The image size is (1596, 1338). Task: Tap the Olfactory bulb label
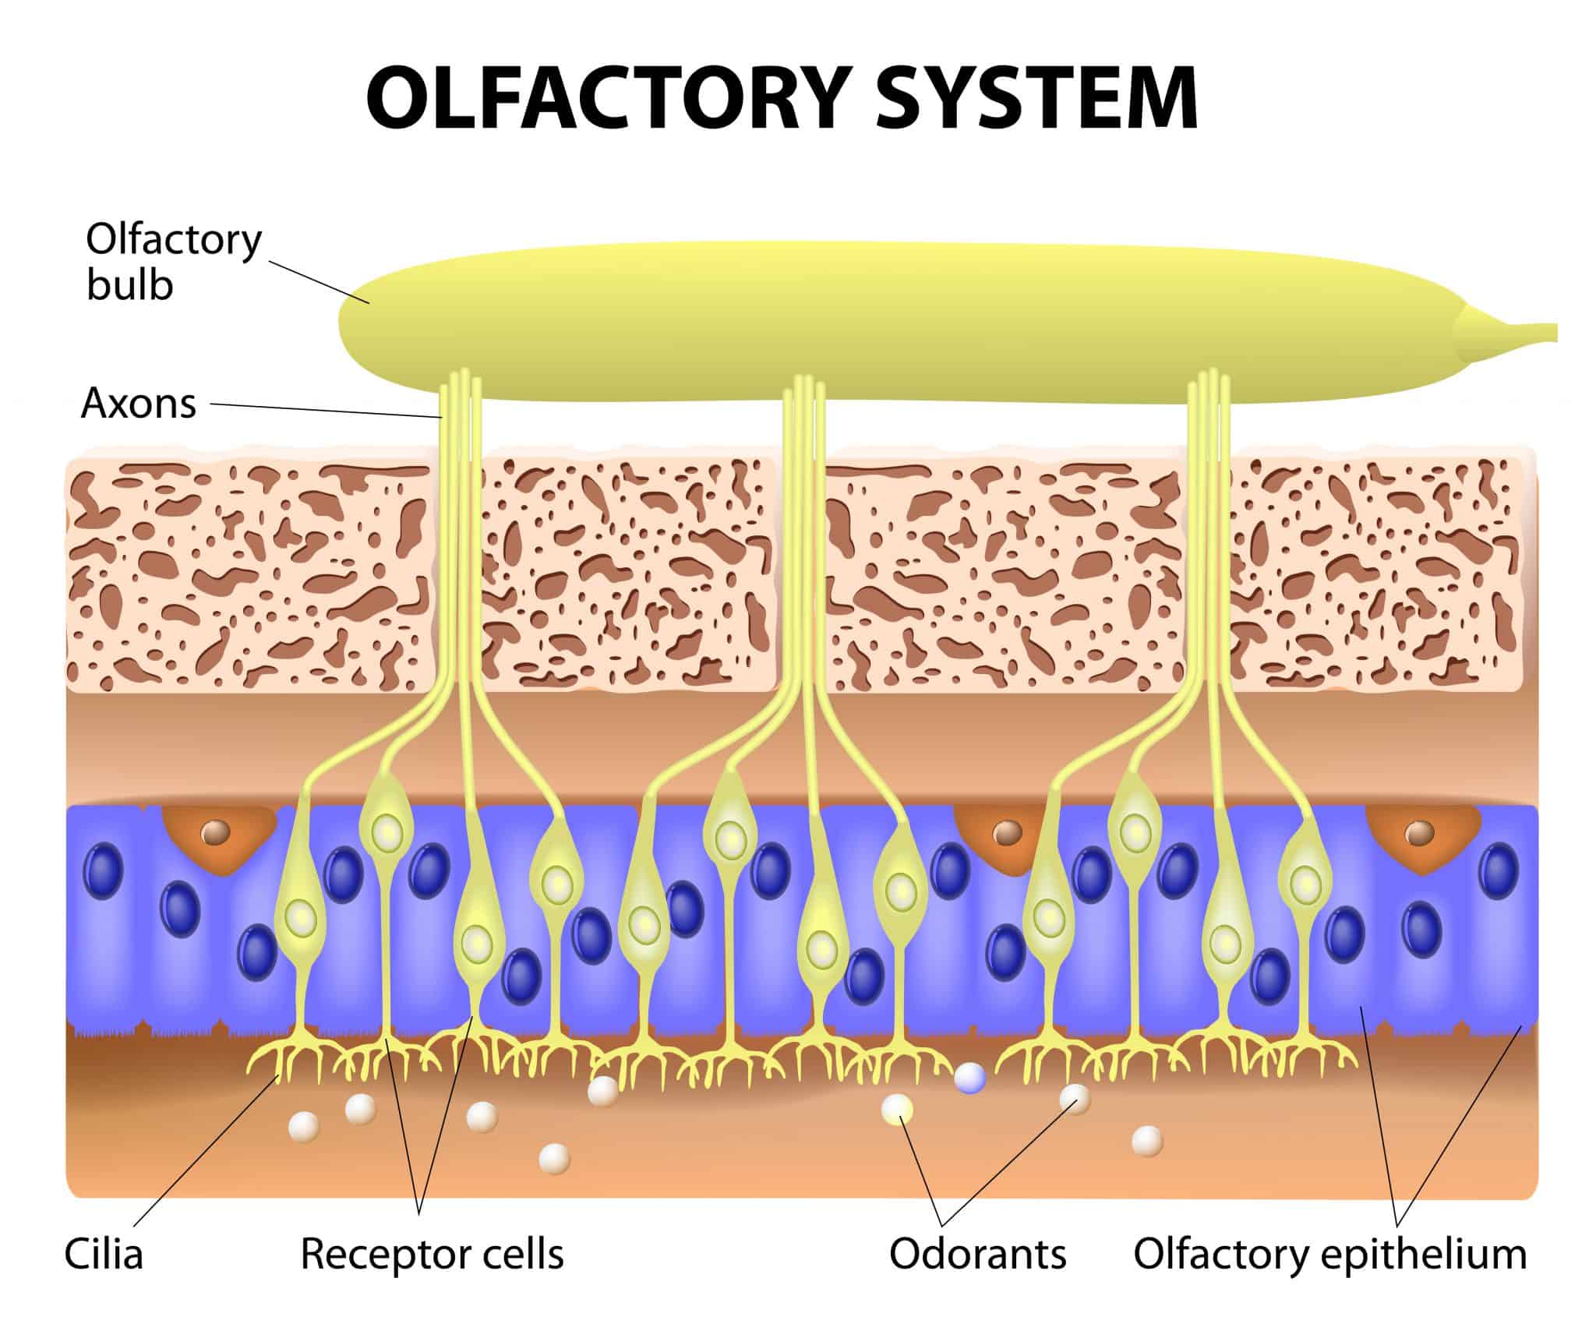[x=173, y=263]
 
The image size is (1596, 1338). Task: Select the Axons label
[x=139, y=404]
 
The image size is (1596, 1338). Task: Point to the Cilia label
[x=104, y=1255]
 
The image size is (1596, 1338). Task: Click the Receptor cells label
[x=432, y=1255]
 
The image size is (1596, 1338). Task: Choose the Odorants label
[x=977, y=1255]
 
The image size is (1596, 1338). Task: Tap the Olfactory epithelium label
[x=1329, y=1255]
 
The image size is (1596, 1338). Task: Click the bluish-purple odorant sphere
[x=970, y=1079]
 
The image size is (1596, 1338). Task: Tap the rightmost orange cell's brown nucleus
[x=1418, y=834]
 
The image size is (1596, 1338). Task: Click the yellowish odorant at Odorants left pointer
[x=897, y=1109]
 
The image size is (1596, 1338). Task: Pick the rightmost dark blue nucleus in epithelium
[x=1499, y=867]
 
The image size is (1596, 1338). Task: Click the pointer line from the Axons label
[x=327, y=411]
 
